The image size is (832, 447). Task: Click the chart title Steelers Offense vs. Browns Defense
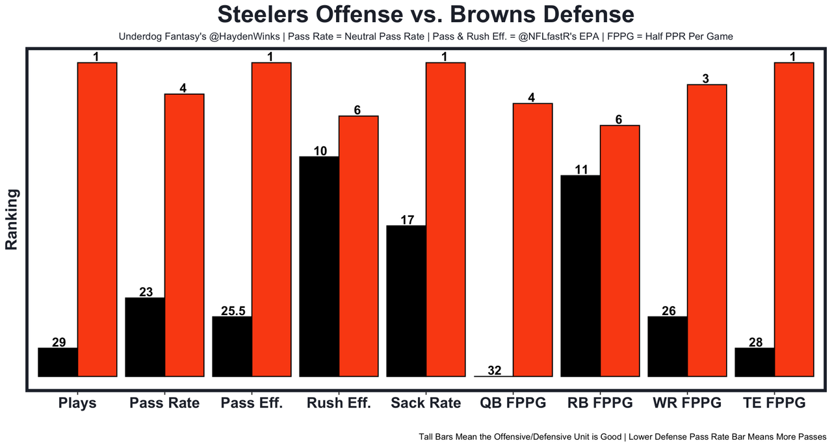click(426, 14)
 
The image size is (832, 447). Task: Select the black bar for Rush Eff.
click(319, 266)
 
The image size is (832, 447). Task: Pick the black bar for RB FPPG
click(580, 275)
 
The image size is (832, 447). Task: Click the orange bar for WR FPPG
click(707, 230)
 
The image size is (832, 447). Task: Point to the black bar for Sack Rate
click(406, 301)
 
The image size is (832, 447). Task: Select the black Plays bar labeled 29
click(58, 362)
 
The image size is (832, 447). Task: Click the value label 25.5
click(233, 311)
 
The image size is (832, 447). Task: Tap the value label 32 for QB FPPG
click(494, 371)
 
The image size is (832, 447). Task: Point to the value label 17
click(407, 220)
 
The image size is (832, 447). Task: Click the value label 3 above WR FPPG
click(707, 79)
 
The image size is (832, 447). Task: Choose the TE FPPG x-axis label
click(773, 403)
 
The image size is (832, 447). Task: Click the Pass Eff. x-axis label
click(252, 403)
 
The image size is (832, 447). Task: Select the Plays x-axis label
click(77, 403)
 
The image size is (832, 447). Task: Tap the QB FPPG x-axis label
click(513, 403)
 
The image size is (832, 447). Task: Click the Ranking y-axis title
click(12, 220)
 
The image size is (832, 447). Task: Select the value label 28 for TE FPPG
click(755, 342)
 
